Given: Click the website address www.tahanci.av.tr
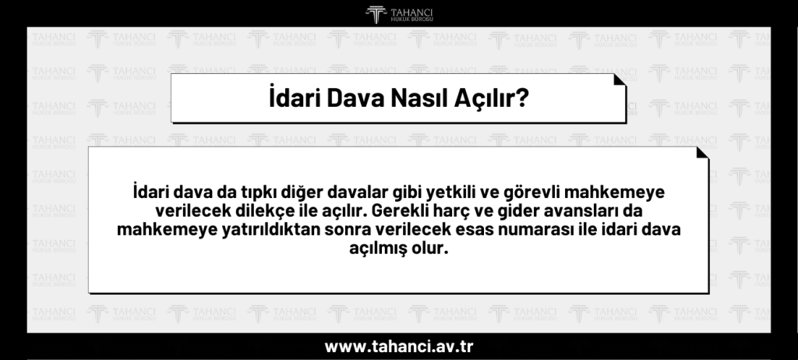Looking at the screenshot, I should (x=398, y=346).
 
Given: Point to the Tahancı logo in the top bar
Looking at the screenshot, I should (x=399, y=13).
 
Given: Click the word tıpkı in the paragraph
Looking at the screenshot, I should (x=249, y=192).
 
